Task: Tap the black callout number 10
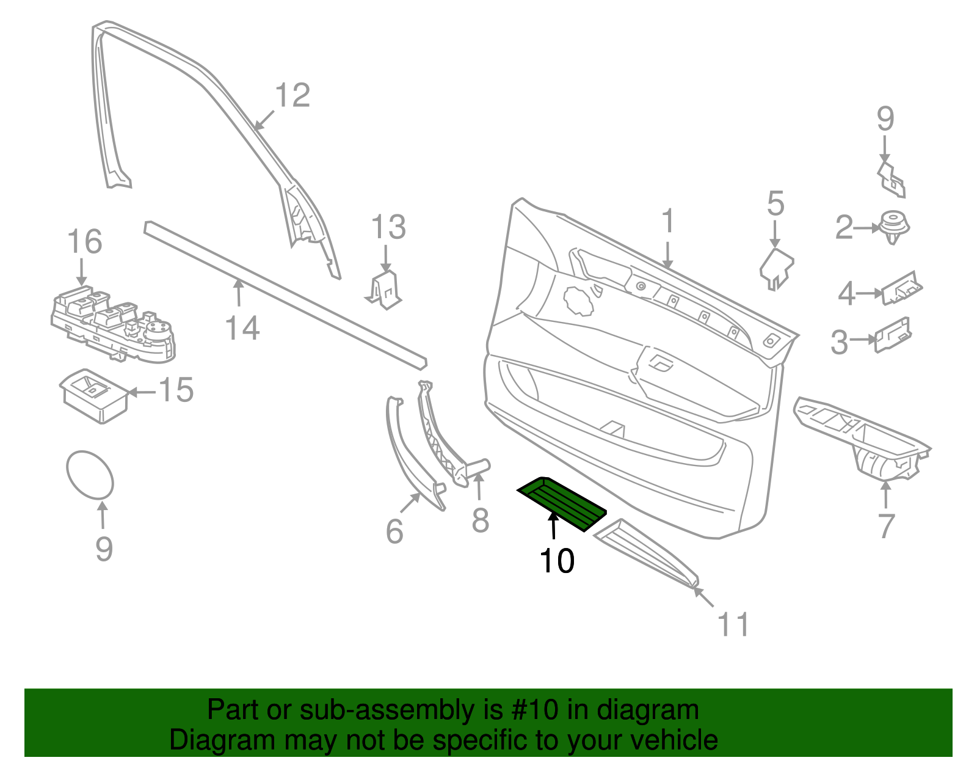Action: click(x=556, y=561)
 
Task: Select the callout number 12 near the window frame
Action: click(x=292, y=96)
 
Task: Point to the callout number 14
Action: click(x=242, y=328)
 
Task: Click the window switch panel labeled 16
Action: click(x=112, y=326)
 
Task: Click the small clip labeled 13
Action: click(x=385, y=290)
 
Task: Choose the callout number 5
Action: click(x=775, y=204)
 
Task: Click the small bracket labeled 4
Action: click(x=902, y=288)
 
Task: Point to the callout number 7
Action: click(x=886, y=525)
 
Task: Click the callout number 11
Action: click(x=733, y=624)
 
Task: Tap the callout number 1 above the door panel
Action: click(x=668, y=221)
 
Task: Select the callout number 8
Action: click(x=481, y=520)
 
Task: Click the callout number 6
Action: click(x=394, y=531)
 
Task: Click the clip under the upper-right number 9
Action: click(x=892, y=178)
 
